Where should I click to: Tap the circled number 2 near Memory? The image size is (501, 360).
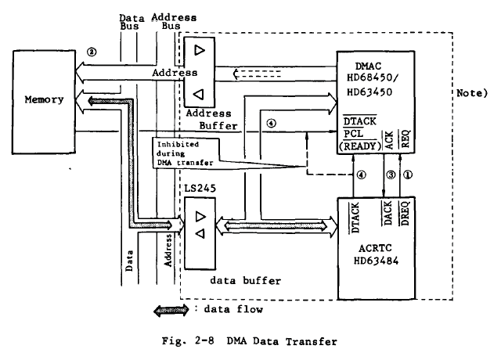click(x=92, y=52)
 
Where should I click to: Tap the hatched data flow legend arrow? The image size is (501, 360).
click(x=170, y=309)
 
